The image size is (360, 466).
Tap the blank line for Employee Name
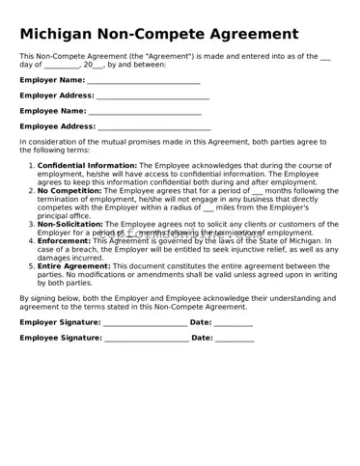point(145,112)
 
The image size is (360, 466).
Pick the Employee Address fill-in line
point(153,127)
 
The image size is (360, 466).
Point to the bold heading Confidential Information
point(87,166)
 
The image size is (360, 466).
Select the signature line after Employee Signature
point(146,339)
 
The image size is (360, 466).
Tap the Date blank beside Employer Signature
point(233,322)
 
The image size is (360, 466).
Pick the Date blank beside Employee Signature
point(235,339)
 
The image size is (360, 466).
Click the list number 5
point(30,266)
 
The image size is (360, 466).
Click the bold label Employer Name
point(52,81)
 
